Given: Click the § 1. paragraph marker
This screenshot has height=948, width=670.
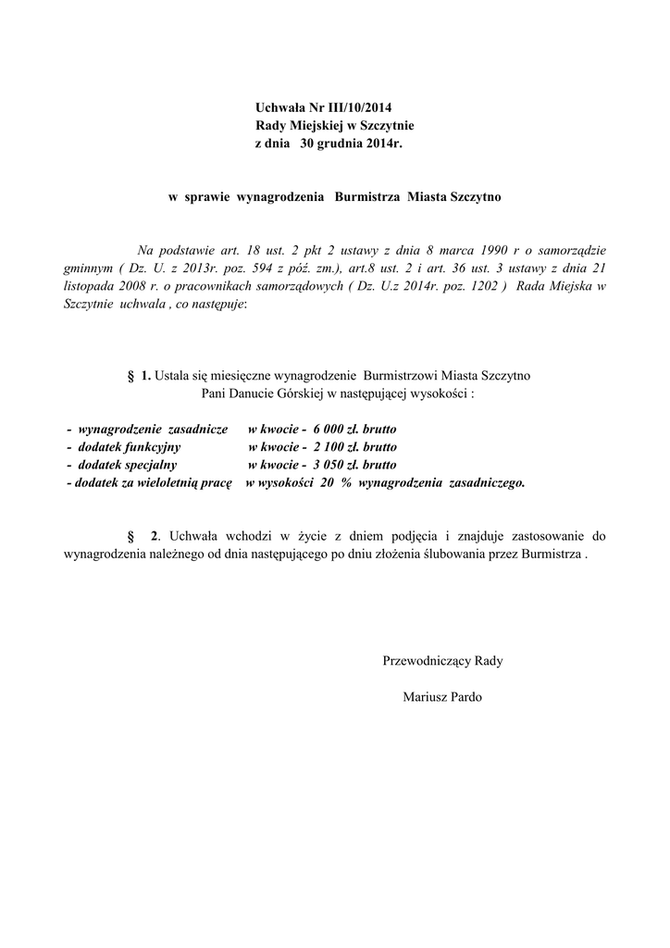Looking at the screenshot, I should pos(139,376).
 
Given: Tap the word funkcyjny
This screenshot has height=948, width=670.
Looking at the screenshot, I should pos(141,448).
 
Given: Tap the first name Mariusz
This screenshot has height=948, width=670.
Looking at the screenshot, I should pos(425,696).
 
